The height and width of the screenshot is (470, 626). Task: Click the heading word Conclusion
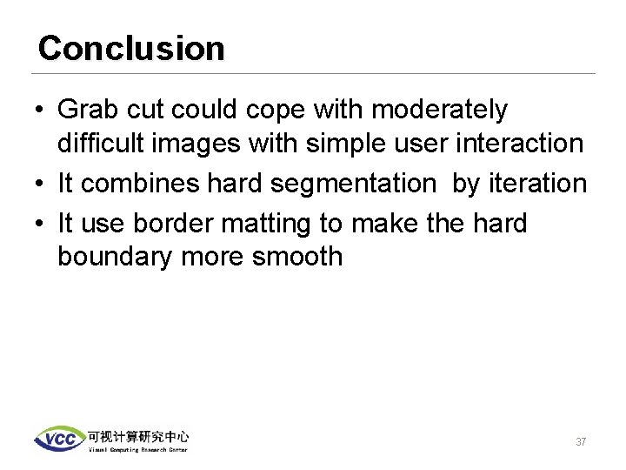(x=131, y=48)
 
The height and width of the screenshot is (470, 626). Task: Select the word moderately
(x=441, y=111)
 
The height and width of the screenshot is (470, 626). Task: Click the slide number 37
(x=581, y=442)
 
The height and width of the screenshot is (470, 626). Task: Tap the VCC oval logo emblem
(x=59, y=439)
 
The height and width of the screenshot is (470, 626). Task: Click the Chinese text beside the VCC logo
(x=137, y=436)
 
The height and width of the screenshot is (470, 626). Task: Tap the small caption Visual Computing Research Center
(x=137, y=449)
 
